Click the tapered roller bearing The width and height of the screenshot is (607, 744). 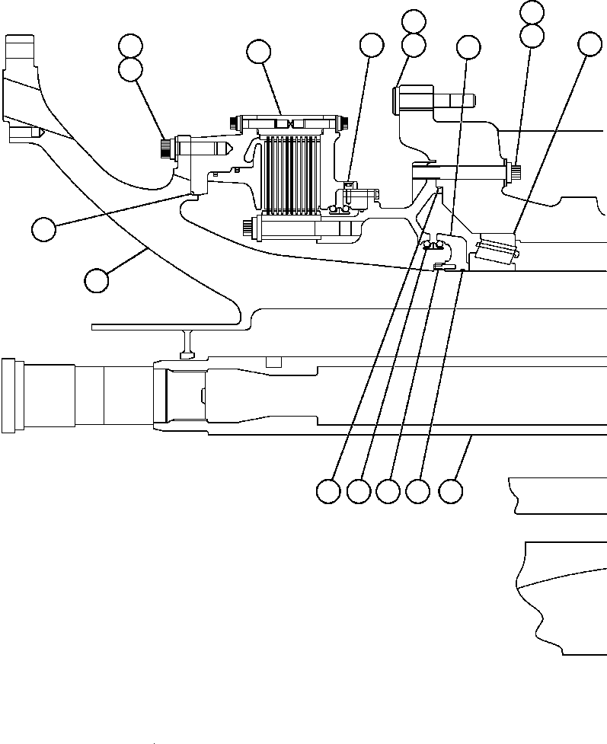tap(496, 251)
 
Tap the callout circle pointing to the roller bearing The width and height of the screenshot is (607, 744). tap(589, 45)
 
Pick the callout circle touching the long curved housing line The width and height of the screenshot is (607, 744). tap(96, 280)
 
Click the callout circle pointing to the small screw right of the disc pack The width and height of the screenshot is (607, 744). tap(371, 46)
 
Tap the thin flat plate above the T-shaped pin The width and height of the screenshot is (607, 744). tap(168, 327)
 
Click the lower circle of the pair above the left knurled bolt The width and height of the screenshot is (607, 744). tap(131, 70)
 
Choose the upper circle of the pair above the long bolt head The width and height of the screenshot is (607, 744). tap(531, 11)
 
